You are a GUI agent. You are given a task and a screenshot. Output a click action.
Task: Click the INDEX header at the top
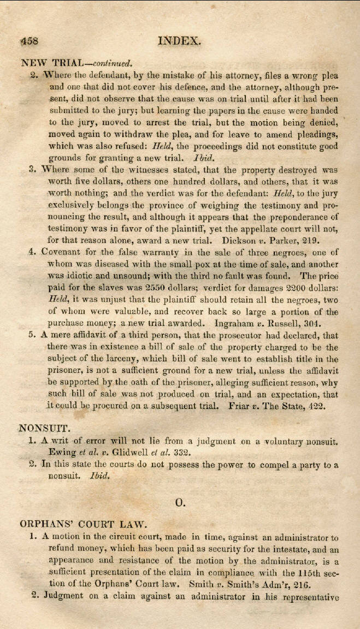tap(180, 40)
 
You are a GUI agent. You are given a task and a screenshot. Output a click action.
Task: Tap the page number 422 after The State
tap(329, 407)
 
